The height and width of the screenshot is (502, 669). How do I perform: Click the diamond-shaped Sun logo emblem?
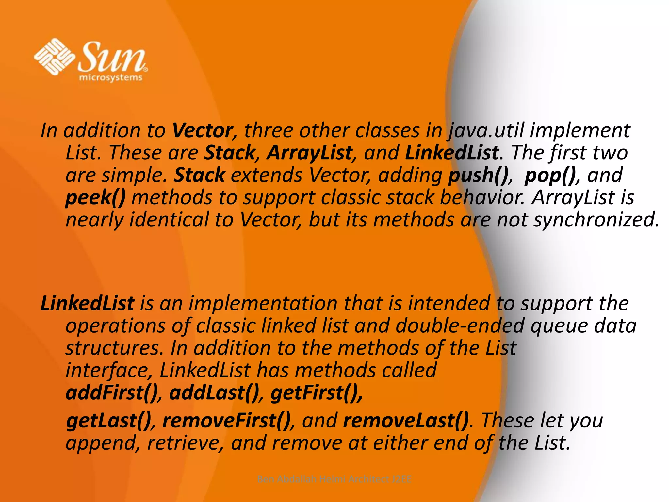click(54, 56)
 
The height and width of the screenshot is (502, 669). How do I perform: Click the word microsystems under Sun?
click(111, 78)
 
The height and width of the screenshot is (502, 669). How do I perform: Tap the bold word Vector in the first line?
click(202, 130)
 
